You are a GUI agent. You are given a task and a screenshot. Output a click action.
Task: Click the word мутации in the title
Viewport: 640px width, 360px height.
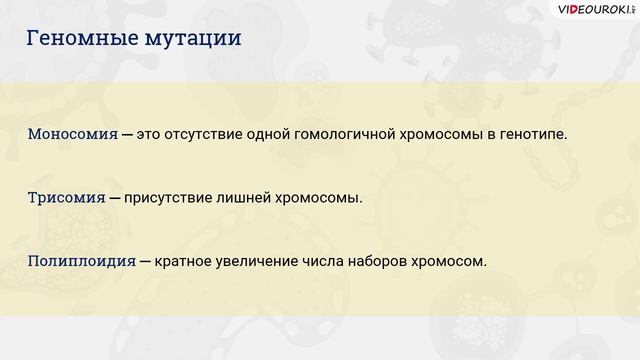tap(187, 41)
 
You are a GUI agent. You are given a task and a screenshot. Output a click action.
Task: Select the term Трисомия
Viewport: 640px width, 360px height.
tap(66, 197)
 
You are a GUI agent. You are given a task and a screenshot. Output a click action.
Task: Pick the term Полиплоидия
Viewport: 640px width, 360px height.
tap(81, 261)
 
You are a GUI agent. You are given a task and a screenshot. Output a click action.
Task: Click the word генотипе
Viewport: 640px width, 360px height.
tap(531, 133)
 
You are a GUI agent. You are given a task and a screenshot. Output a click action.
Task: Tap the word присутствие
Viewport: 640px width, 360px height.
tap(171, 197)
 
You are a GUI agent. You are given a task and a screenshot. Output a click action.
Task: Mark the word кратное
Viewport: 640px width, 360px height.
tap(185, 261)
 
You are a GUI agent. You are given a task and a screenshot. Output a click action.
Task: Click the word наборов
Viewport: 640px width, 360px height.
tap(381, 261)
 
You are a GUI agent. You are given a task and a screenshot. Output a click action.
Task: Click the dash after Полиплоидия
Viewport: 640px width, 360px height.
tap(146, 261)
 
